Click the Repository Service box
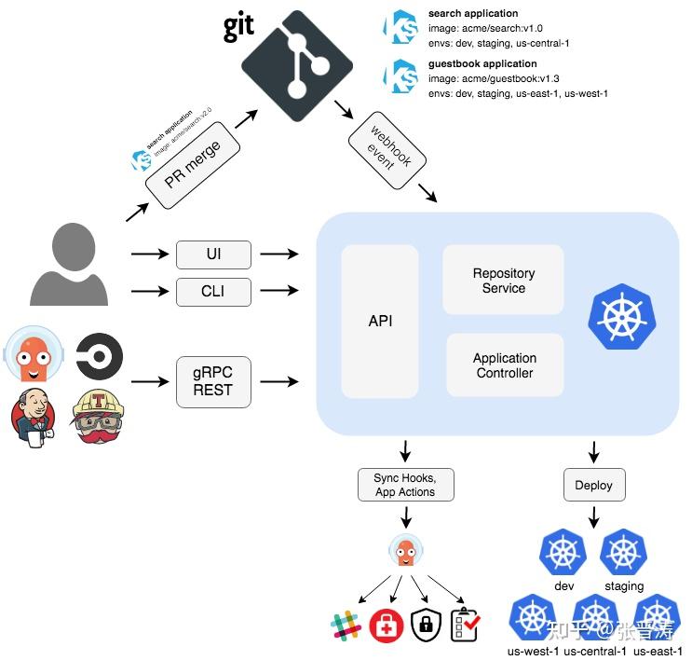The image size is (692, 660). [x=503, y=280]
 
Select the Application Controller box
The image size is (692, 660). [x=504, y=365]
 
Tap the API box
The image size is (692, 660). [x=380, y=321]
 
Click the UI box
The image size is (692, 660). [x=213, y=254]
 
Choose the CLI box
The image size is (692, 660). [x=213, y=291]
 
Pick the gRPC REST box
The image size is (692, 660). [x=213, y=381]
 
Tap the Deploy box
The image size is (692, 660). [x=594, y=485]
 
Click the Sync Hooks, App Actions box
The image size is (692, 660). [x=405, y=485]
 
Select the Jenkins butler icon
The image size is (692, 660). [x=34, y=417]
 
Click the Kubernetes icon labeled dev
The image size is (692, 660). [x=563, y=554]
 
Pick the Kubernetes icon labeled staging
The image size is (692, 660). [x=623, y=554]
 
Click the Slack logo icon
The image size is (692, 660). [x=346, y=626]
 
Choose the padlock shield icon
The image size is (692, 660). [x=426, y=626]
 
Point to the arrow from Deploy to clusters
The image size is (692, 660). [x=594, y=516]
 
